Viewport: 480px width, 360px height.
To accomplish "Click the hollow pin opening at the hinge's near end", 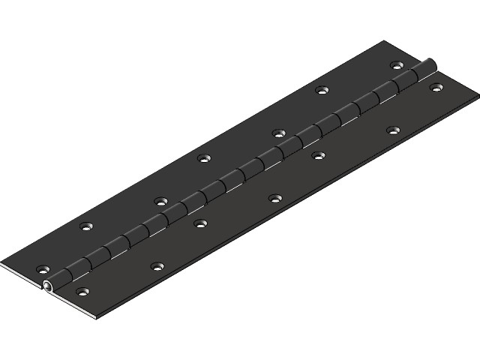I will [x=49, y=286].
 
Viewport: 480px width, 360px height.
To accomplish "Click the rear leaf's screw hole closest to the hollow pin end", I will [x=43, y=268].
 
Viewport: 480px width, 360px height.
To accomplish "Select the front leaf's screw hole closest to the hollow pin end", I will [x=82, y=290].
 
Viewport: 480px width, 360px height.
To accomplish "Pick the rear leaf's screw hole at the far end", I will [x=395, y=66].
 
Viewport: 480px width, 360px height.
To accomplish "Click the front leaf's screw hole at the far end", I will [x=436, y=88].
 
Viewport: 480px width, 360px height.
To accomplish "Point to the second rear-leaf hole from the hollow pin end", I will [x=86, y=226].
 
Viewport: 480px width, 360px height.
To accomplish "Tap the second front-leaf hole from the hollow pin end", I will [x=156, y=265].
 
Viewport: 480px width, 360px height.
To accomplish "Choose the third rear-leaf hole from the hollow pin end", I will [x=160, y=201].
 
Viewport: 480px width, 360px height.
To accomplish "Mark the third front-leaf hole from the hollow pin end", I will [x=200, y=223].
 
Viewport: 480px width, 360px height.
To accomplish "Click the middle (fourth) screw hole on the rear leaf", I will [x=203, y=158].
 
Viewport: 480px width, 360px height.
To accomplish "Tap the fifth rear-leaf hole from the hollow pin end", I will [x=278, y=133].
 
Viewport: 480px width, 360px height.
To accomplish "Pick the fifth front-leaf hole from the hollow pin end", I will [x=318, y=155].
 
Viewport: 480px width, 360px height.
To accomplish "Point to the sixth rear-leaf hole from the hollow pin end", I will [x=322, y=90].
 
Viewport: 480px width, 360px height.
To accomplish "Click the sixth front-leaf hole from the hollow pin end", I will [x=392, y=130].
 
